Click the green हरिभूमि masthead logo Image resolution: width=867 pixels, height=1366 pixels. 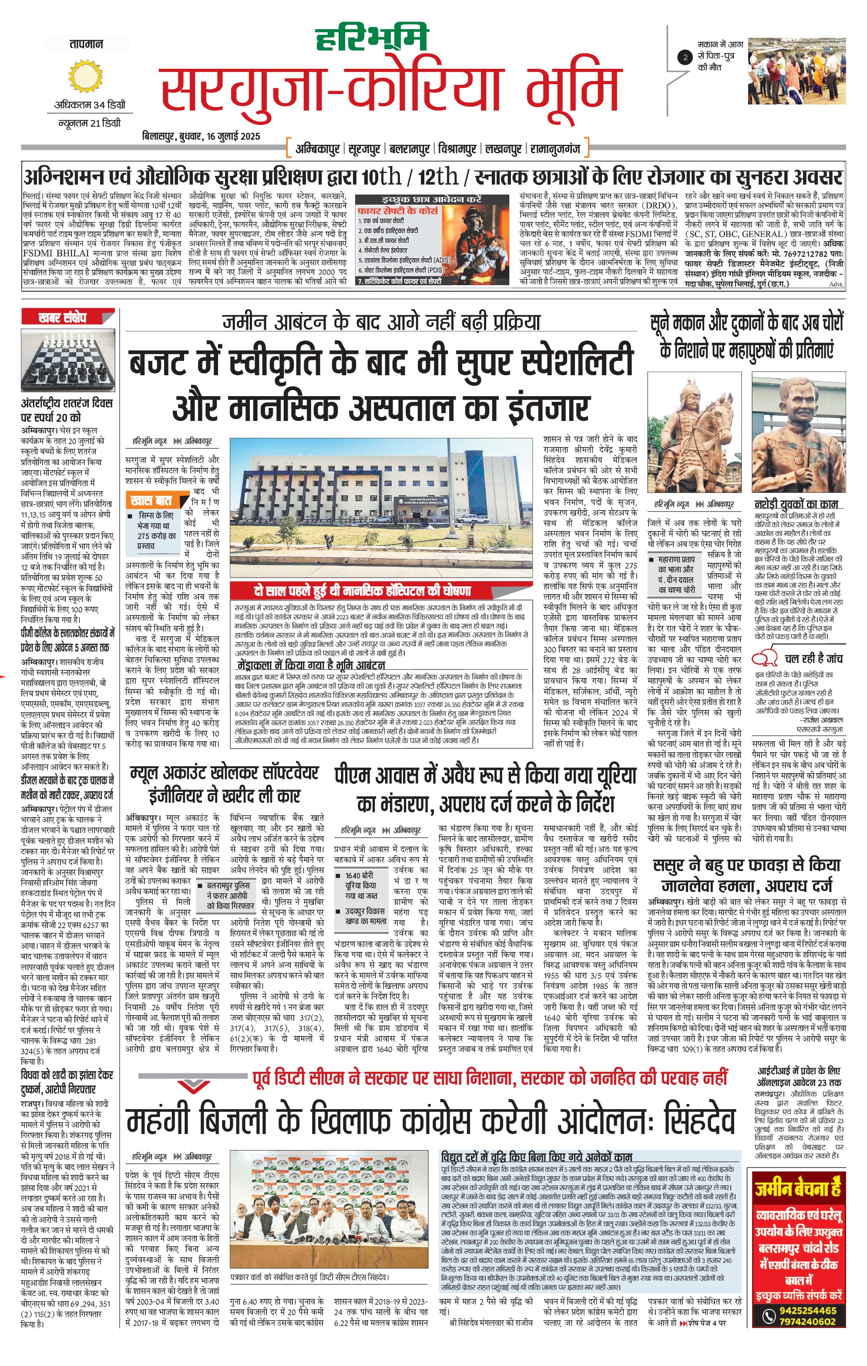[371, 41]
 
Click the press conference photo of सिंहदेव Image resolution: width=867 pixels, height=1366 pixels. [329, 1174]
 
